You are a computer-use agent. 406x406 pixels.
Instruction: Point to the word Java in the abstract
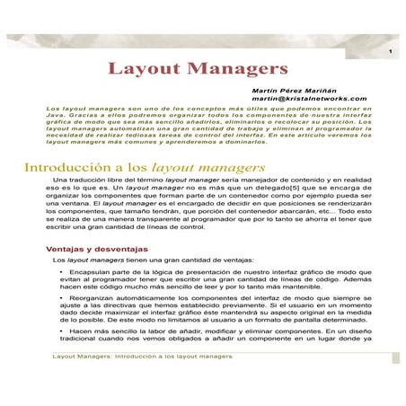coord(56,119)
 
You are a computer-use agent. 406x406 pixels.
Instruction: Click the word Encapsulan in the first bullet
coord(94,270)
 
